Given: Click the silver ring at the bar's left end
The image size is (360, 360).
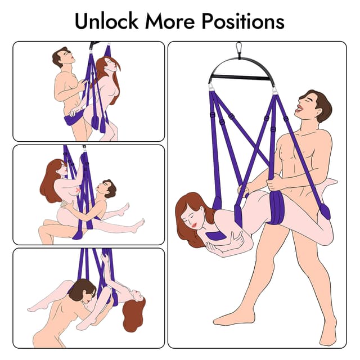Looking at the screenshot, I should coord(211,88).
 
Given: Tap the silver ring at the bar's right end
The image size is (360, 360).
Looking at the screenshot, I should coord(275,89).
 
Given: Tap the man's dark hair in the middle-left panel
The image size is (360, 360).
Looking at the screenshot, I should coord(109,187).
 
